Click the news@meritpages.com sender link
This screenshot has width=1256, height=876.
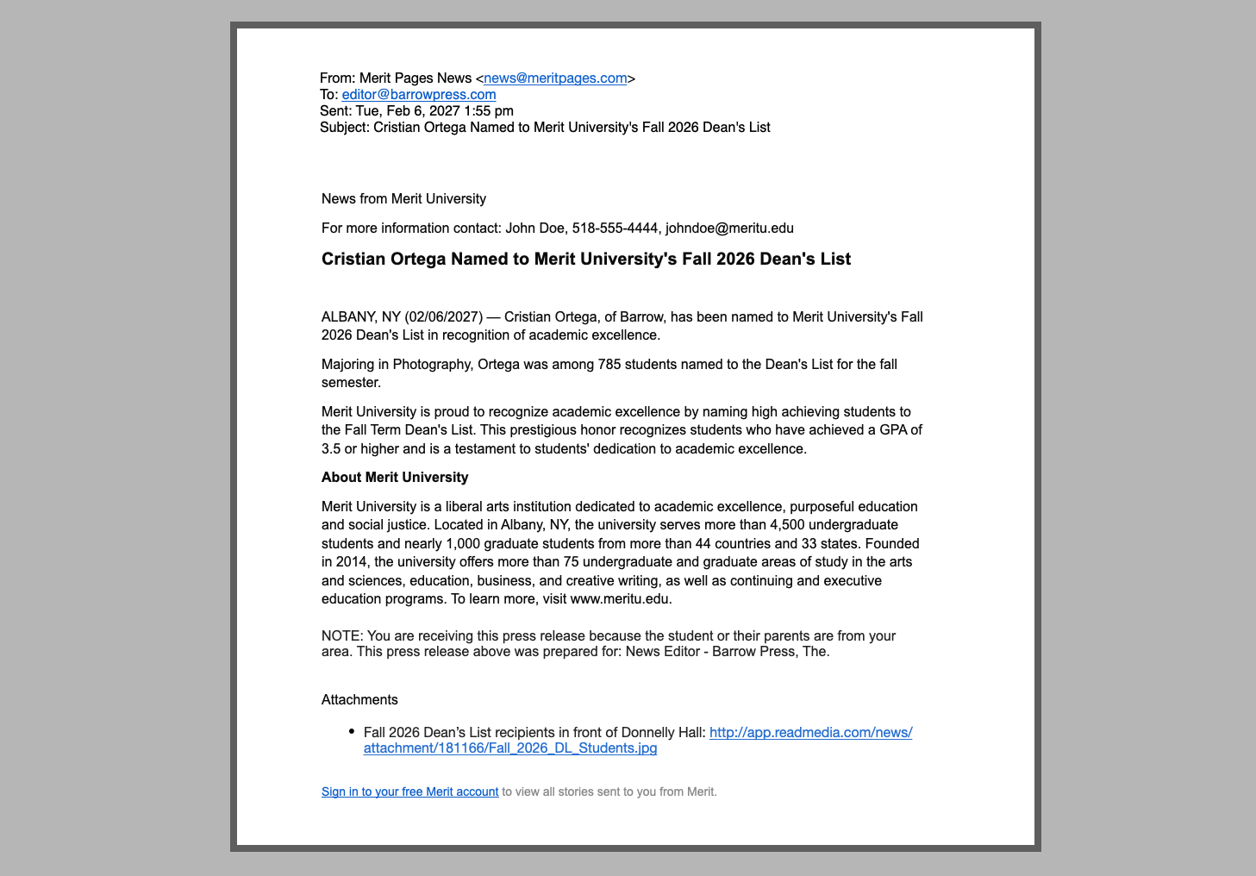pos(555,78)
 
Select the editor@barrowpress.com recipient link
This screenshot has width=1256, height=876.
pos(419,95)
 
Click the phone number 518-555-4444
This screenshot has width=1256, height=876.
pos(615,228)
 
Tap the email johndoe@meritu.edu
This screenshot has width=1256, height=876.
pos(729,228)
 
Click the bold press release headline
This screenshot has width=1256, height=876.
pos(586,260)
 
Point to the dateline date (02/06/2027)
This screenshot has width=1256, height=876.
pos(443,317)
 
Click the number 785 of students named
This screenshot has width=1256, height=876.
pos(609,365)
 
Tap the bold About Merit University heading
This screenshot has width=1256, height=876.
pos(395,478)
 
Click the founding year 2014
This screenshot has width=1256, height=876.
pos(351,562)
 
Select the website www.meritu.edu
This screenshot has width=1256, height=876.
pos(620,599)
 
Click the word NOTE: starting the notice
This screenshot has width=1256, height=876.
pos(342,636)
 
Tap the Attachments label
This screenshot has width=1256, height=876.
pos(359,700)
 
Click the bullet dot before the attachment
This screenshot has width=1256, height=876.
pos(352,732)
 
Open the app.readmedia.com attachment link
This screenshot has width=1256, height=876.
pos(810,733)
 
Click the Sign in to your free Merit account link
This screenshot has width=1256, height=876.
pos(409,792)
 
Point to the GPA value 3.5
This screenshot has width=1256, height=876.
pos(331,449)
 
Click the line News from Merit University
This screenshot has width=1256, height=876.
pos(403,199)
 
